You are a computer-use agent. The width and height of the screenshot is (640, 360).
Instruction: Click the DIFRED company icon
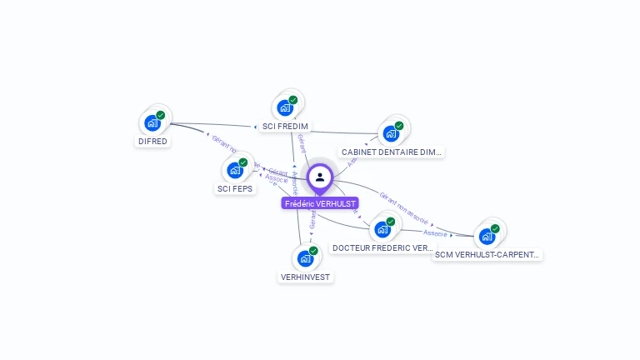[x=152, y=123]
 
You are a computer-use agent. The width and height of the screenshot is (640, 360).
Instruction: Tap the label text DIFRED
[x=152, y=142]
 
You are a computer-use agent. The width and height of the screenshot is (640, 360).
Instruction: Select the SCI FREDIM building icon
[x=285, y=107]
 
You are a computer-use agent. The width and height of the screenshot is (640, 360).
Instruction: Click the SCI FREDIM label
[x=285, y=127]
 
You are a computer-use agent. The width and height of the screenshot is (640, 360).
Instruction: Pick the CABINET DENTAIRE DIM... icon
[x=390, y=133]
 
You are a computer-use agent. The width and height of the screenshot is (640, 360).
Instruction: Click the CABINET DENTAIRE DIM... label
[x=392, y=152]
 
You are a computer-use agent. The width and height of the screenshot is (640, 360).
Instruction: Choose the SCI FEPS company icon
[x=234, y=170]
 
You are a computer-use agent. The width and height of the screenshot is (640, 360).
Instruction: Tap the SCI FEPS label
[x=235, y=189]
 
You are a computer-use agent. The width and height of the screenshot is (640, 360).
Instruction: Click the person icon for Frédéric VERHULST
[x=320, y=177]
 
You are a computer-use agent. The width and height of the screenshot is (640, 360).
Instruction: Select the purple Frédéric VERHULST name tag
[x=320, y=203]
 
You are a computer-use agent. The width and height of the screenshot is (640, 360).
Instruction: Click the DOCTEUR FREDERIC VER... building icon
[x=382, y=229]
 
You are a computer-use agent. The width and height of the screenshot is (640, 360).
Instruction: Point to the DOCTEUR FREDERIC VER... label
[x=382, y=248]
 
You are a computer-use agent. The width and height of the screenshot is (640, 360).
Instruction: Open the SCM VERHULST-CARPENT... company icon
[x=487, y=236]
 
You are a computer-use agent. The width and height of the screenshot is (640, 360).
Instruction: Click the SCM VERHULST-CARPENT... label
[x=487, y=255]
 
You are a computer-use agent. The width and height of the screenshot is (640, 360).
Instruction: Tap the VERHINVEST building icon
[x=305, y=258]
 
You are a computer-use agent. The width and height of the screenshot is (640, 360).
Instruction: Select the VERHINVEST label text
[x=305, y=277]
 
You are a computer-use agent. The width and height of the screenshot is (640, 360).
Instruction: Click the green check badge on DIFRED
[x=161, y=115]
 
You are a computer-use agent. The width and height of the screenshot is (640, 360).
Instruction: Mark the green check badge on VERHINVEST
[x=313, y=250]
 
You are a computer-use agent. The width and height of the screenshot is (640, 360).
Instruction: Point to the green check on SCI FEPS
[x=243, y=162]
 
